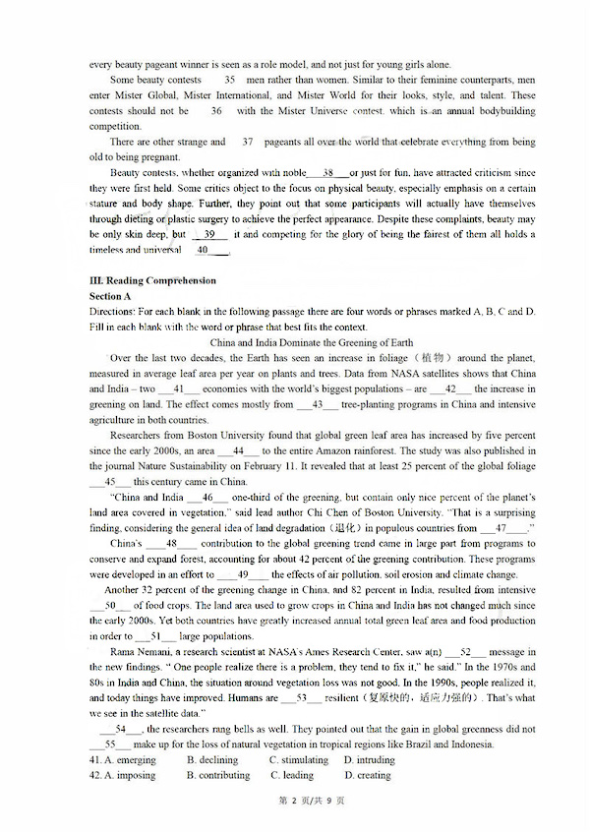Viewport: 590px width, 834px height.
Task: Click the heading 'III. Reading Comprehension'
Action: tap(152, 281)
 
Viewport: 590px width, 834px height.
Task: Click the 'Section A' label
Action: tap(110, 296)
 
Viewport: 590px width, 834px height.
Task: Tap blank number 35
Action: tap(229, 80)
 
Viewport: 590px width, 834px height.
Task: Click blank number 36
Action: tap(215, 111)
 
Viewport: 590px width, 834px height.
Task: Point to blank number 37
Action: tap(247, 142)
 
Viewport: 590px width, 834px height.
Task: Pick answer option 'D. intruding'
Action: tap(369, 760)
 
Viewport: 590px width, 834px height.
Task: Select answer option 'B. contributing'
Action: tap(218, 775)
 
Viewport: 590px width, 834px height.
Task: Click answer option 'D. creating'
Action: tap(367, 775)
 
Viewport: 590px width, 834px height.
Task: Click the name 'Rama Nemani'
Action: tap(143, 651)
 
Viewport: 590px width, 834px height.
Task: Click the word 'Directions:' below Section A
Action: tap(113, 312)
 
